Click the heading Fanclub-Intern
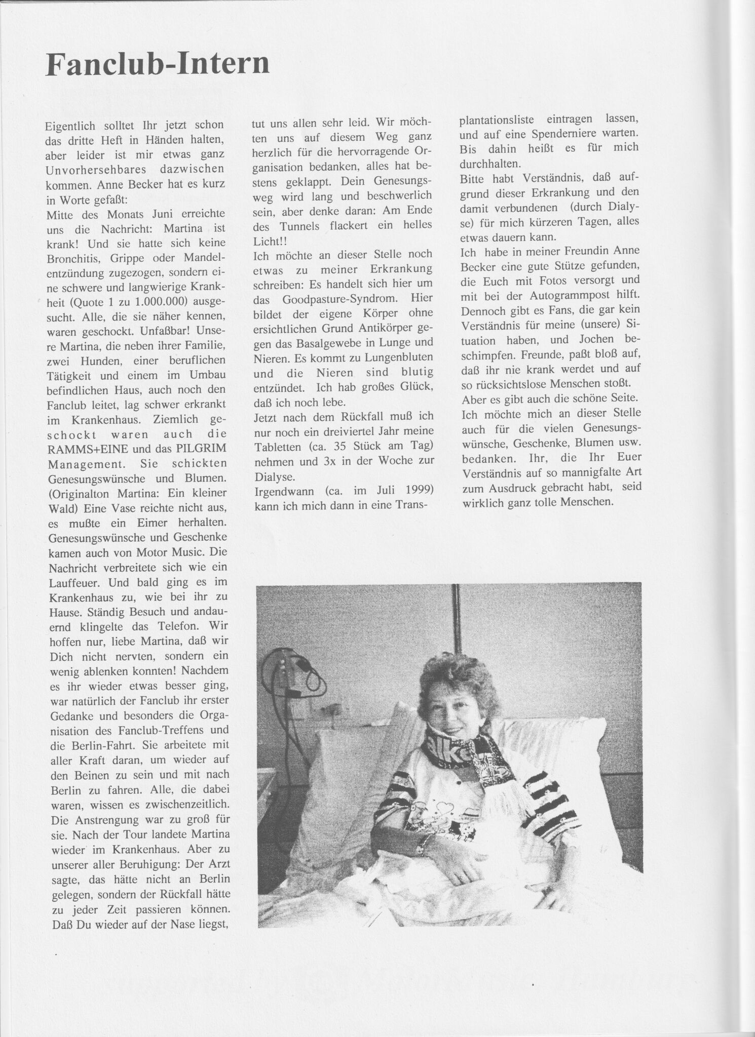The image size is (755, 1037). point(157,64)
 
